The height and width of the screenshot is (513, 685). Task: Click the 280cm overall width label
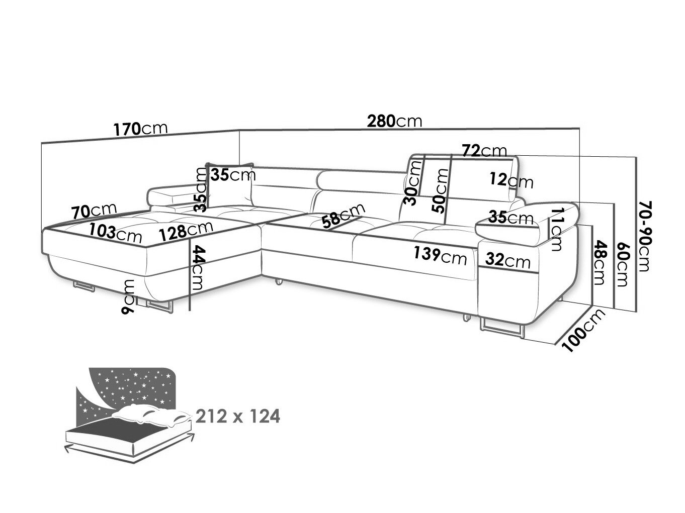click(x=394, y=121)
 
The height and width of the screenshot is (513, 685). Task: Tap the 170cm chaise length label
click(x=140, y=129)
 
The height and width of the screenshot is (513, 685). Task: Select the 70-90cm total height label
click(x=645, y=236)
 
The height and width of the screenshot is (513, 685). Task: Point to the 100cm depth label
click(x=583, y=331)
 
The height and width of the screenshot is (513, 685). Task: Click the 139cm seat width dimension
click(x=440, y=256)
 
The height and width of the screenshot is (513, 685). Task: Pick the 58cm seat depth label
click(x=344, y=216)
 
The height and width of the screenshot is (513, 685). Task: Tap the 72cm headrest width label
click(x=484, y=151)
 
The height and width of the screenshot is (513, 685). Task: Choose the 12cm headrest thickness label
click(x=511, y=180)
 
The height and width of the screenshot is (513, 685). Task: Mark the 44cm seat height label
click(x=198, y=267)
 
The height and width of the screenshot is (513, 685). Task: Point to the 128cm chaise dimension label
click(x=186, y=230)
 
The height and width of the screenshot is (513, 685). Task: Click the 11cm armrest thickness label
click(x=556, y=229)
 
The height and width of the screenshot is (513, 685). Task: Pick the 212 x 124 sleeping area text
click(x=238, y=416)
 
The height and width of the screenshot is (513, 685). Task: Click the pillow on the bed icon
click(x=151, y=415)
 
